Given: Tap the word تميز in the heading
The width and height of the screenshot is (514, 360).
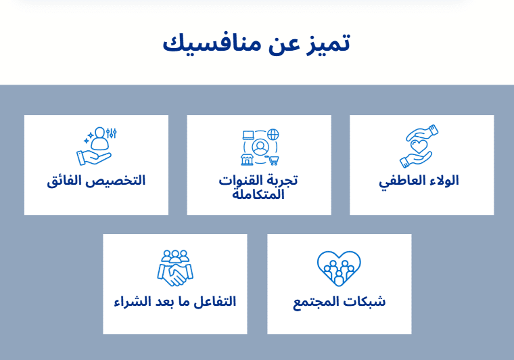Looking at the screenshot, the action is point(329,44).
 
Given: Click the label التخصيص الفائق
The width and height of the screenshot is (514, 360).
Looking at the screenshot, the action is point(96,181).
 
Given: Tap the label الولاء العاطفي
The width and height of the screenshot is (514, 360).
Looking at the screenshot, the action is point(419,181).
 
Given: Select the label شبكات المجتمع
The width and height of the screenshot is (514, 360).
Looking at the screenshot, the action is point(340,302).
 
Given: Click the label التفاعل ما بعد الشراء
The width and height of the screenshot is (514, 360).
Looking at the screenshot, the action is point(175,302).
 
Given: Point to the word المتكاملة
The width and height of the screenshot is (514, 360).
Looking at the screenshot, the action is point(258,195).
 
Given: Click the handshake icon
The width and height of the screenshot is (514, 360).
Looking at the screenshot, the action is point(175,275).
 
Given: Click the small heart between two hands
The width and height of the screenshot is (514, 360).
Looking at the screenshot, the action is point(419,146).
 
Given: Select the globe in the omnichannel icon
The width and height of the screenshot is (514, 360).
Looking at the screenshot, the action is point(273,134).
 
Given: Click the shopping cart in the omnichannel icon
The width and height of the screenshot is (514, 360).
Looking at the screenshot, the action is point(273,160).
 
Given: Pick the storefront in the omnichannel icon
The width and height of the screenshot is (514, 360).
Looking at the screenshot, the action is point(247,159).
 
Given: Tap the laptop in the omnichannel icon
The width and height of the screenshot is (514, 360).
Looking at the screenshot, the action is point(248,135).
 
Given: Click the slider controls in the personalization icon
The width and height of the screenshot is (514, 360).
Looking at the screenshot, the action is point(112,133).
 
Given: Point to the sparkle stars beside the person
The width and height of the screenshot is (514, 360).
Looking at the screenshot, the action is point(89,137).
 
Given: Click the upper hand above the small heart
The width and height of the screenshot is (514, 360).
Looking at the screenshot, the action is point(423,132).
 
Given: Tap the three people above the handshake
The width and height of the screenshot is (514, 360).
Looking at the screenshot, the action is point(175,256).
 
